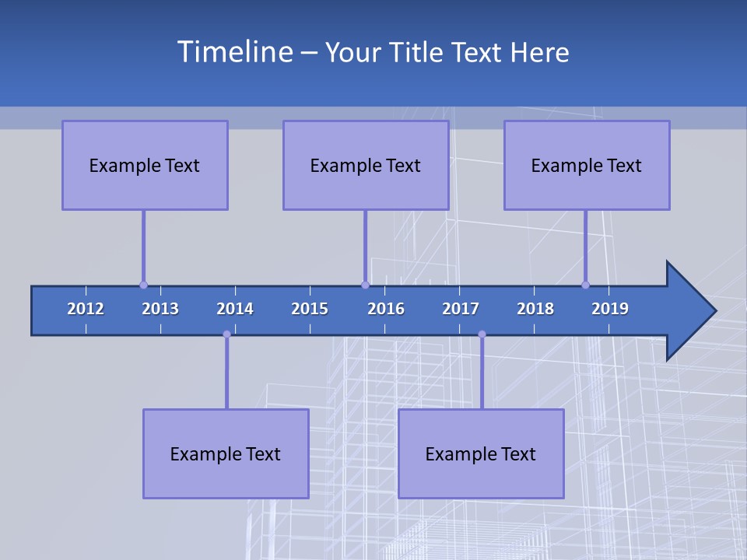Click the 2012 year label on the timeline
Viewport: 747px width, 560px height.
point(86,309)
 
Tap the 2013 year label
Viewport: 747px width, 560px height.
point(160,309)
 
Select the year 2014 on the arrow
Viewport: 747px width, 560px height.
point(235,309)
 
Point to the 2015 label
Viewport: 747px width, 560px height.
point(310,309)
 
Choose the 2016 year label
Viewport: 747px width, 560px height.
point(386,309)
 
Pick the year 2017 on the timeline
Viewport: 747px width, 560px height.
point(461,309)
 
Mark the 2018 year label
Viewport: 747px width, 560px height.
point(535,309)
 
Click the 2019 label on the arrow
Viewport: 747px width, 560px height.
point(610,309)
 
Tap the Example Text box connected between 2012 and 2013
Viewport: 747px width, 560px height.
point(145,165)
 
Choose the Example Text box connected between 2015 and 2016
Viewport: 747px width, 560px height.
point(366,165)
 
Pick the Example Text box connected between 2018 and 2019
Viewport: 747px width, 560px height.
point(587,165)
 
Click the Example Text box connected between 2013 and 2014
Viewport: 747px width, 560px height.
point(226,453)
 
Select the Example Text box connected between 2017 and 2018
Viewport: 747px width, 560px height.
point(481,453)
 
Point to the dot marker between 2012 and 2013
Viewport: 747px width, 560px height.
point(143,285)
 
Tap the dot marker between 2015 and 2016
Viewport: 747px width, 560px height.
point(365,285)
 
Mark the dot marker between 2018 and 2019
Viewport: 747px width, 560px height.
point(586,285)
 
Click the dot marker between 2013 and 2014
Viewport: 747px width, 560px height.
point(226,334)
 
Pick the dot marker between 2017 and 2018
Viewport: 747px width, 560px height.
point(482,334)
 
